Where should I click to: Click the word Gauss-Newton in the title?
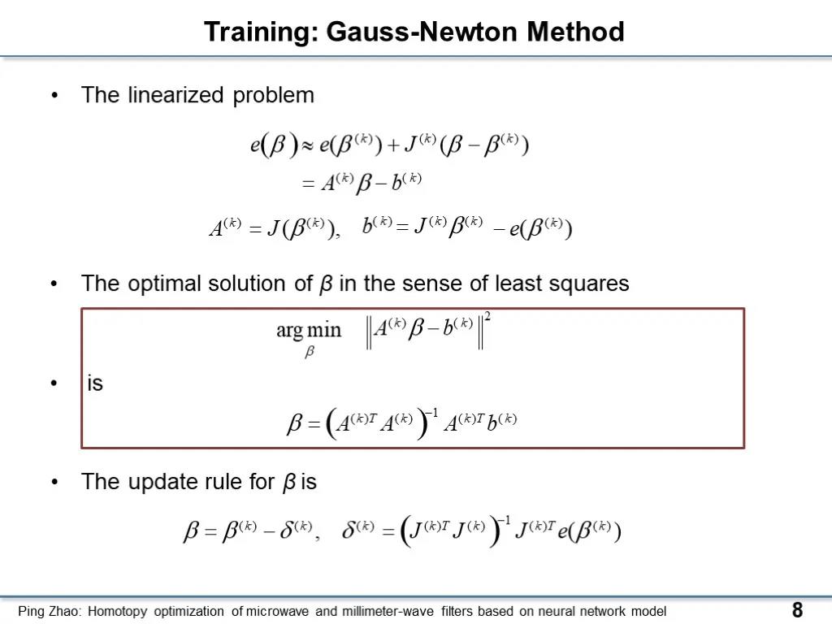(x=422, y=32)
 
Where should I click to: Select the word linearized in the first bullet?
(x=175, y=95)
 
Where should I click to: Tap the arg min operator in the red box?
(x=308, y=330)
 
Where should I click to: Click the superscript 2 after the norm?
(x=487, y=317)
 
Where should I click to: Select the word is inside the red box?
(x=95, y=383)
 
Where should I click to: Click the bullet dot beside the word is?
(x=54, y=383)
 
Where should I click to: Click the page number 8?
(x=797, y=609)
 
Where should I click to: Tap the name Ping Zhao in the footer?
(x=50, y=612)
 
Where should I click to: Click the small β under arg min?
(x=310, y=352)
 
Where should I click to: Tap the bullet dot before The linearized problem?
(x=54, y=96)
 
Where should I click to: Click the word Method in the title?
(x=575, y=32)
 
